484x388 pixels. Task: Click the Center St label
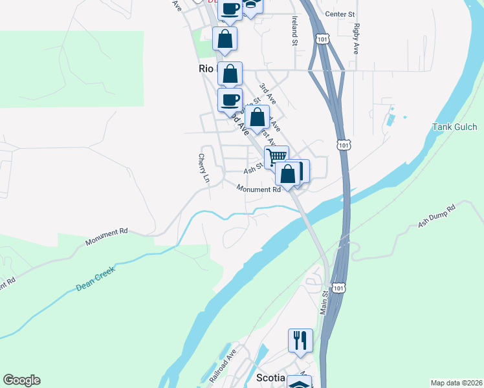[x=340, y=14]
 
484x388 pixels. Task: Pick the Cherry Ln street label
[x=204, y=167]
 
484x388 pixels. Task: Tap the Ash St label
[x=252, y=169]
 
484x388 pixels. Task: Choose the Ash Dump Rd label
[x=437, y=217]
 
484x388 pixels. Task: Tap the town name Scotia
[x=271, y=378]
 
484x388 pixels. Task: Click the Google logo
[x=21, y=380]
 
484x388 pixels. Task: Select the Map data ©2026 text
[x=456, y=382]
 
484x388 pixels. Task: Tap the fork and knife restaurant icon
[x=300, y=339]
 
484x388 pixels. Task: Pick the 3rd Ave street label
[x=268, y=94]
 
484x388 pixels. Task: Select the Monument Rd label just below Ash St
[x=258, y=189]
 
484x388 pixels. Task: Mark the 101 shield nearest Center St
[x=322, y=39]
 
